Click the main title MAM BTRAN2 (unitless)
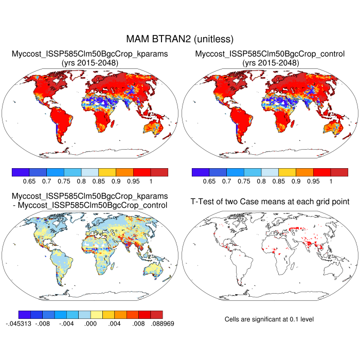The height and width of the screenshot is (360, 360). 180,39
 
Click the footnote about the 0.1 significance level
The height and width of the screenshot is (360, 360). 269,319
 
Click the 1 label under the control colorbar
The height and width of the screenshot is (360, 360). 331,182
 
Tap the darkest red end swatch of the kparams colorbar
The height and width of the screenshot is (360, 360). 159,172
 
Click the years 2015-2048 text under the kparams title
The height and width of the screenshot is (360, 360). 90,63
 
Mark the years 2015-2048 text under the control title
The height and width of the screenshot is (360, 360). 270,63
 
